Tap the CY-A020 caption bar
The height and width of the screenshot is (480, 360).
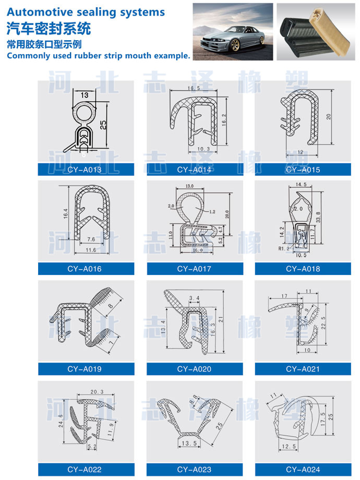click(x=194, y=369)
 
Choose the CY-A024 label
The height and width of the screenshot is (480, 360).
click(x=303, y=469)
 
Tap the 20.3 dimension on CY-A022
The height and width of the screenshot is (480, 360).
click(x=97, y=391)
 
